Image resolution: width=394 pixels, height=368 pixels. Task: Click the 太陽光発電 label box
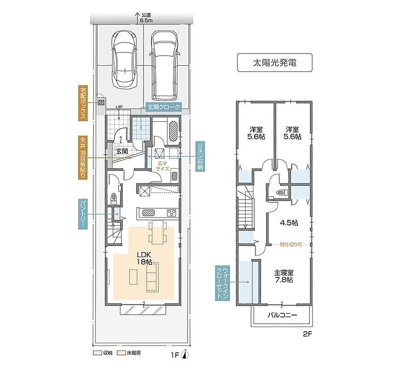tap(274, 63)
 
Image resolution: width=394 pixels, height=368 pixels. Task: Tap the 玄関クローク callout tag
tap(164, 107)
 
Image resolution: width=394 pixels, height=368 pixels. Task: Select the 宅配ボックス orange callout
tap(83, 103)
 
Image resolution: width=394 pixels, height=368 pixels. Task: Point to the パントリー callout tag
tap(83, 214)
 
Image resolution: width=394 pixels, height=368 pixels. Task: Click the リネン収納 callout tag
tap(200, 156)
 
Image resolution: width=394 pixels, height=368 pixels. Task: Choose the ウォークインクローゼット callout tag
tap(223, 282)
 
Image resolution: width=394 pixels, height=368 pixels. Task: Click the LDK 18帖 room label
tap(144, 258)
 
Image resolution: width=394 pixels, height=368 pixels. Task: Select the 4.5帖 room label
tap(289, 223)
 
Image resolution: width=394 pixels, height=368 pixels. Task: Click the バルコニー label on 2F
tap(282, 315)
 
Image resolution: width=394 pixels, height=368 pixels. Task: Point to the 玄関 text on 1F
tap(122, 151)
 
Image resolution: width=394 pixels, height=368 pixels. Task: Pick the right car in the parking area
tap(165, 65)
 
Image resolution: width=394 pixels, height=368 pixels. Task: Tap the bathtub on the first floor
tap(173, 132)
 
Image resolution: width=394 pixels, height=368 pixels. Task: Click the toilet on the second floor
tap(282, 192)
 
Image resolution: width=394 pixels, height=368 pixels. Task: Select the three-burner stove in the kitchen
tap(172, 213)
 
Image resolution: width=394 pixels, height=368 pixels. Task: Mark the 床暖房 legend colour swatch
tap(122, 353)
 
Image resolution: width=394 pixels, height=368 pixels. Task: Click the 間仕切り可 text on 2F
tap(291, 244)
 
